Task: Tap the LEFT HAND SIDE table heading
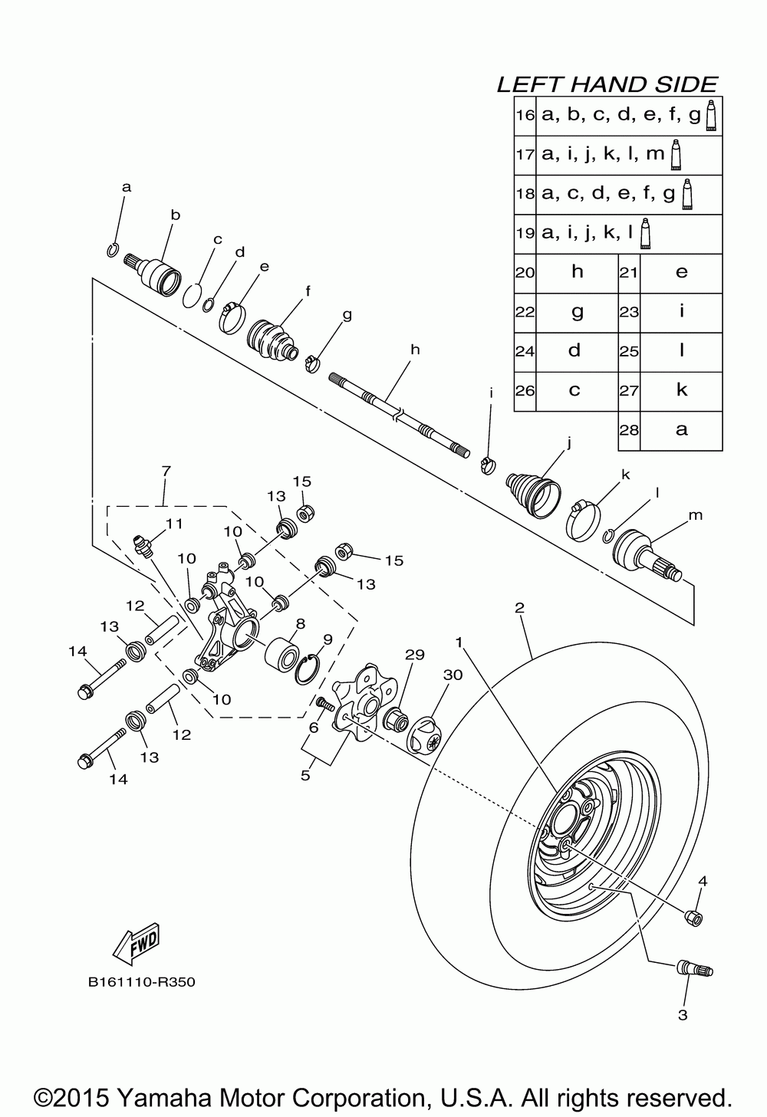click(x=607, y=84)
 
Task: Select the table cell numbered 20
click(x=525, y=273)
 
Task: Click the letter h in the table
click(x=577, y=272)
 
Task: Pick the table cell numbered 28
click(x=629, y=430)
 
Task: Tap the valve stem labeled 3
click(x=693, y=969)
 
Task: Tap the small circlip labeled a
click(x=112, y=250)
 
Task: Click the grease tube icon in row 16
click(x=711, y=115)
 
